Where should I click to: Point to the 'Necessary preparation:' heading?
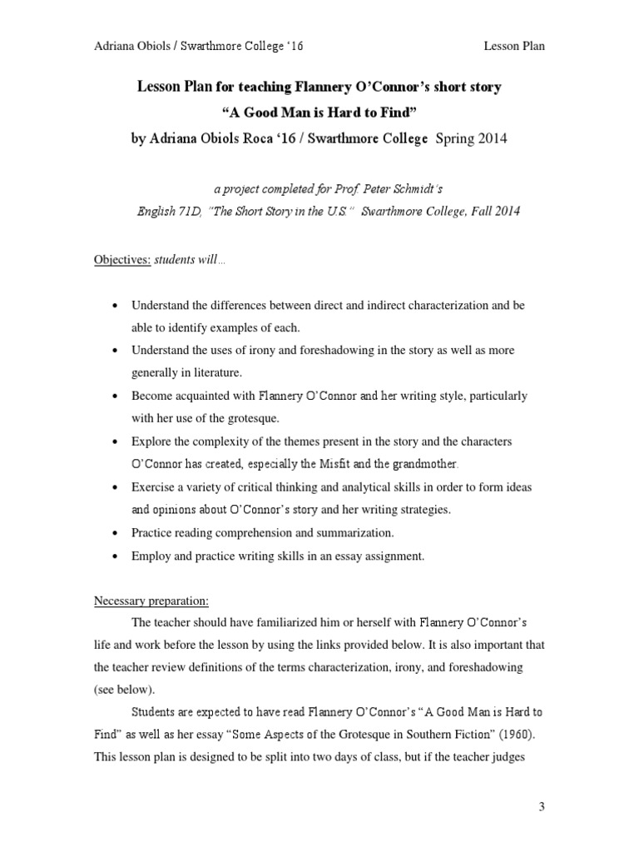click(x=151, y=600)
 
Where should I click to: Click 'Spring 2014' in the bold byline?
click(x=470, y=139)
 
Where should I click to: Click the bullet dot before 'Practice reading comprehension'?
click(x=114, y=532)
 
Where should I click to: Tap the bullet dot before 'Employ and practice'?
click(x=114, y=556)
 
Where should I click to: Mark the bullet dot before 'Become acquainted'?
click(x=114, y=396)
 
